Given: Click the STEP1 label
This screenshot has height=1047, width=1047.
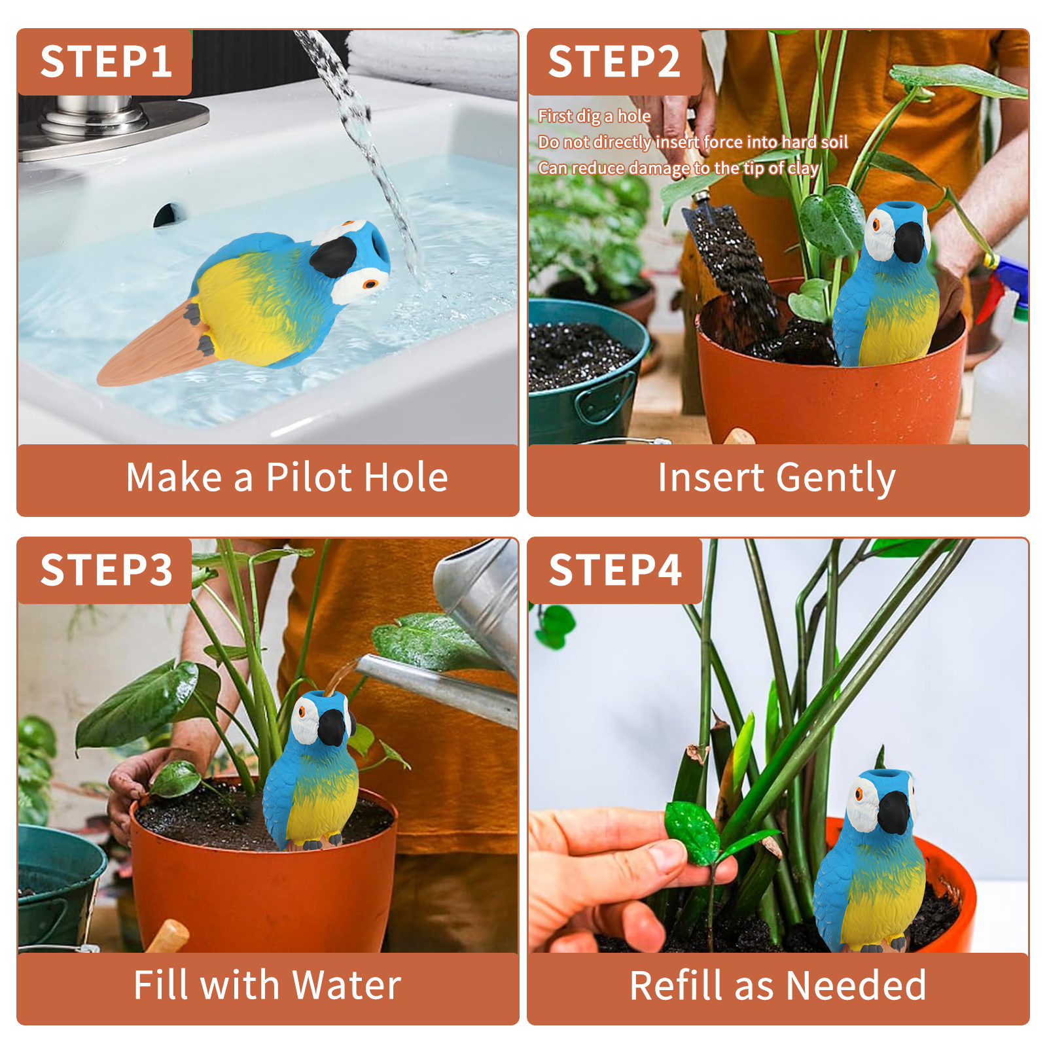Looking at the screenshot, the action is (x=106, y=62).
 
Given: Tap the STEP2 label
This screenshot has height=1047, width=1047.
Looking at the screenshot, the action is (x=614, y=62).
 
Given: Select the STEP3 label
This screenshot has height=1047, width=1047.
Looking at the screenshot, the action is (x=106, y=570).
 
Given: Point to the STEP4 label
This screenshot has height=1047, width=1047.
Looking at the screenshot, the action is (x=615, y=570).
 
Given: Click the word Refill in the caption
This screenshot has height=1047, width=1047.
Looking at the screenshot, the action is (x=677, y=985).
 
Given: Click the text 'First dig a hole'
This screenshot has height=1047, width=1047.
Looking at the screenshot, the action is (x=594, y=116).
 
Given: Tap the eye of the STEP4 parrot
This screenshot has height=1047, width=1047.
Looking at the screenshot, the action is (x=859, y=794).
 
